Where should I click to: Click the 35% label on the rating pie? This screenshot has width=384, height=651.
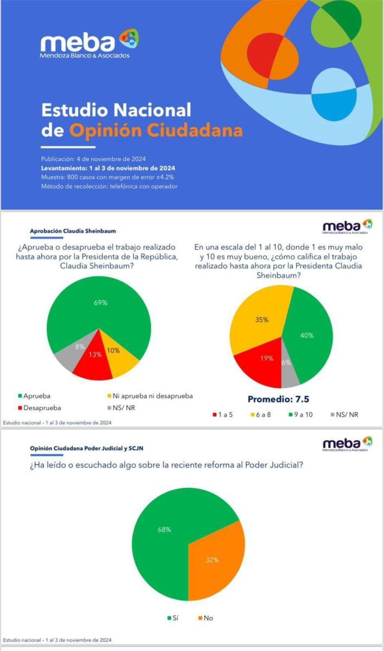pyautogui.click(x=262, y=320)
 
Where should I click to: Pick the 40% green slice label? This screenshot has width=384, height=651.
pyautogui.click(x=306, y=335)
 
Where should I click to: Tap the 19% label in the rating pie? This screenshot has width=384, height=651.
pyautogui.click(x=266, y=358)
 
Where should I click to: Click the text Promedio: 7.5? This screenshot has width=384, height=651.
pyautogui.click(x=278, y=399)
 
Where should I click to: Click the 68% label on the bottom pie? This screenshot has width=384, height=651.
pyautogui.click(x=164, y=529)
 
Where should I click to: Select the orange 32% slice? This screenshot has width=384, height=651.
pyautogui.click(x=212, y=559)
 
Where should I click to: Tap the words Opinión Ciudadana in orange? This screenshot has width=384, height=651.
pyautogui.click(x=156, y=131)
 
